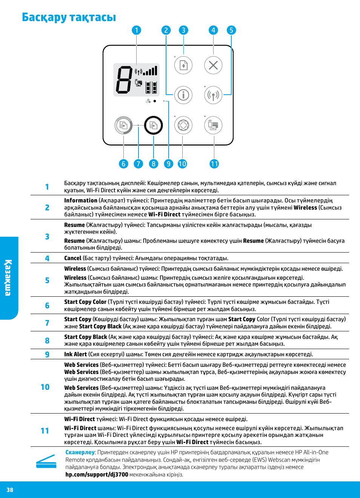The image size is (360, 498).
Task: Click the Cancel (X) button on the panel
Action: tap(213, 65)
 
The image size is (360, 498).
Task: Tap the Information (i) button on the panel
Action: tap(183, 95)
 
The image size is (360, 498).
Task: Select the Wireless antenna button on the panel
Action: tap(213, 95)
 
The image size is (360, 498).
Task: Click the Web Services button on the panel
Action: tap(183, 125)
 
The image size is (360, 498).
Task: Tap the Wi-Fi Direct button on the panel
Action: tap(213, 125)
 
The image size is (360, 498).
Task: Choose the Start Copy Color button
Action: tap(123, 125)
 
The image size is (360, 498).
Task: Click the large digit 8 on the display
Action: tap(124, 80)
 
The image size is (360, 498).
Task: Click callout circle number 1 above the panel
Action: tap(136, 30)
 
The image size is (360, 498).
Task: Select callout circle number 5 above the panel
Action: tap(231, 30)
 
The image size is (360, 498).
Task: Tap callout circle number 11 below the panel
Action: tap(214, 164)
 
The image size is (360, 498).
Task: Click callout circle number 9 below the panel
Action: tap(168, 164)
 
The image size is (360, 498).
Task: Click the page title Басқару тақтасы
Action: tap(69, 17)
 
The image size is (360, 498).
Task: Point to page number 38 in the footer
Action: tap(10, 490)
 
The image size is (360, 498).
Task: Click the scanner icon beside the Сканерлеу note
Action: tap(46, 462)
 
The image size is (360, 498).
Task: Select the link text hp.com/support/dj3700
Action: tap(97, 475)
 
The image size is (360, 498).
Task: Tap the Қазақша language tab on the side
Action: tap(8, 278)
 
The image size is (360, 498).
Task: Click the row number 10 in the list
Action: tap(45, 387)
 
